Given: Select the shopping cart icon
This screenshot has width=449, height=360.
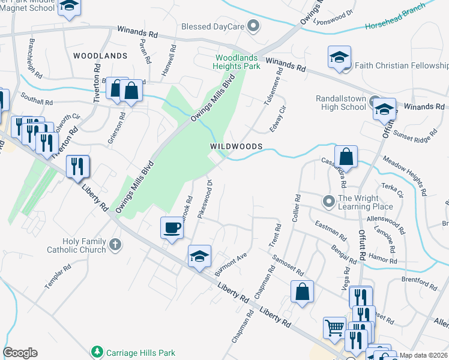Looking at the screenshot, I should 334,328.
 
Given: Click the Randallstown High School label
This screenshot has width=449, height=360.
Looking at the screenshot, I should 340,103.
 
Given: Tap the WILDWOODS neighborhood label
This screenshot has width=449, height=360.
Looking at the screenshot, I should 236,146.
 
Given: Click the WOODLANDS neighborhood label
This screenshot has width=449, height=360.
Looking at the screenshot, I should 100,56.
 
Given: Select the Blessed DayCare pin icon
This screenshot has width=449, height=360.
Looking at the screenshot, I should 253,25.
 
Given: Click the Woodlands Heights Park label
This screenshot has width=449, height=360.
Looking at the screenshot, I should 238,62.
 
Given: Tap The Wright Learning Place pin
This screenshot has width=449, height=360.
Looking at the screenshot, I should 328,200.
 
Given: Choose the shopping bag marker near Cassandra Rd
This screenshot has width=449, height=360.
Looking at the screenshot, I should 346,157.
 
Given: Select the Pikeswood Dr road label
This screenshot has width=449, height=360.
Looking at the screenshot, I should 205,199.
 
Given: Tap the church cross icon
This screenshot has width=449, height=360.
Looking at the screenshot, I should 115,245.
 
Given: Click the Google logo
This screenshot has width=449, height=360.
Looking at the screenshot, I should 20,353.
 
